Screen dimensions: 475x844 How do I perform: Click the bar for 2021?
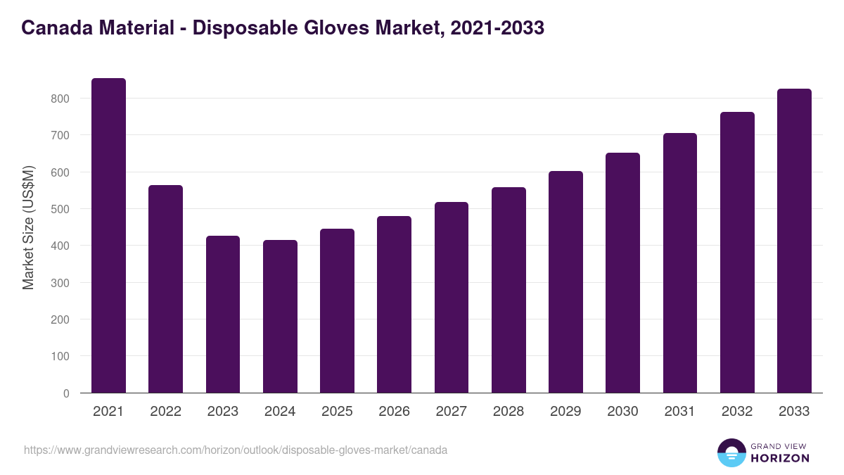pyautogui.click(x=108, y=236)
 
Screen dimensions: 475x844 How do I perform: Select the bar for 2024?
pyautogui.click(x=280, y=317)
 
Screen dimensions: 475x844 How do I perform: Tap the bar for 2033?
pyautogui.click(x=794, y=241)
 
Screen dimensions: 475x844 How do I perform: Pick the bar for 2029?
pyautogui.click(x=565, y=281)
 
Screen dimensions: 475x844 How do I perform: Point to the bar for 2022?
pyautogui.click(x=165, y=289)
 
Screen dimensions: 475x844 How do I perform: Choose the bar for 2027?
pyautogui.click(x=452, y=298)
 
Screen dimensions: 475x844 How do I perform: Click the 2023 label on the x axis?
pyautogui.click(x=223, y=412)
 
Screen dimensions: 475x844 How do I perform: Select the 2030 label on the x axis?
pyautogui.click(x=623, y=412)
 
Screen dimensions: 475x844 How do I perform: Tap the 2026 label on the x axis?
pyautogui.click(x=394, y=412)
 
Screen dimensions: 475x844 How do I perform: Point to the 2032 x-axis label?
pyautogui.click(x=737, y=412)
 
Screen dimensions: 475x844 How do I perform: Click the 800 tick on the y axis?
pyautogui.click(x=60, y=99)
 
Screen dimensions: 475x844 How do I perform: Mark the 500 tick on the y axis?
pyautogui.click(x=60, y=209)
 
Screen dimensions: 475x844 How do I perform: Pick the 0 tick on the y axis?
pyautogui.click(x=66, y=393)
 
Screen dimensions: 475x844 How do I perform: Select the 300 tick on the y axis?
pyautogui.click(x=60, y=283)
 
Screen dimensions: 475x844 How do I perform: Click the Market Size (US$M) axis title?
pyautogui.click(x=28, y=227)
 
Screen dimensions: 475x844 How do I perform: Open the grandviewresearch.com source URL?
pyautogui.click(x=236, y=450)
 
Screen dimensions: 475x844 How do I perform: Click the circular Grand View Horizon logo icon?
pyautogui.click(x=731, y=452)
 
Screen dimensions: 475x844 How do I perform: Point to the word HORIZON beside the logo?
pyautogui.click(x=779, y=458)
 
